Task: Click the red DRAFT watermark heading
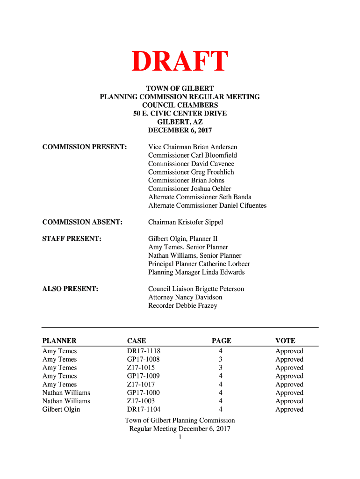point(180,62)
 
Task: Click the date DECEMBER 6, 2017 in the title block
point(180,130)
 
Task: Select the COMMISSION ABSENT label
point(82,222)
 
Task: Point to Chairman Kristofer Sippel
point(186,222)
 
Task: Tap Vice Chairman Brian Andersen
point(193,147)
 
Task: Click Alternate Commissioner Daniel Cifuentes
point(207,205)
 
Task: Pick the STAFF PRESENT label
point(72,239)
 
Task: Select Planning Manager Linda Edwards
point(196,272)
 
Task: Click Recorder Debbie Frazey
point(182,305)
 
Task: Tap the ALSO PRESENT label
point(70,289)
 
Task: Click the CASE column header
point(137,341)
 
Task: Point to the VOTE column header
point(285,341)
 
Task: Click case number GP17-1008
point(143,359)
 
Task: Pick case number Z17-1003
point(141,401)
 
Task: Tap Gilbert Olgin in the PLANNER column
point(61,409)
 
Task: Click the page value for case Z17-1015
point(220,368)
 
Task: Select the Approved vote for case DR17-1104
point(289,409)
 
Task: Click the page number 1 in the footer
point(180,437)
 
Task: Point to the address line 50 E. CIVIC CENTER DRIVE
point(180,113)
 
